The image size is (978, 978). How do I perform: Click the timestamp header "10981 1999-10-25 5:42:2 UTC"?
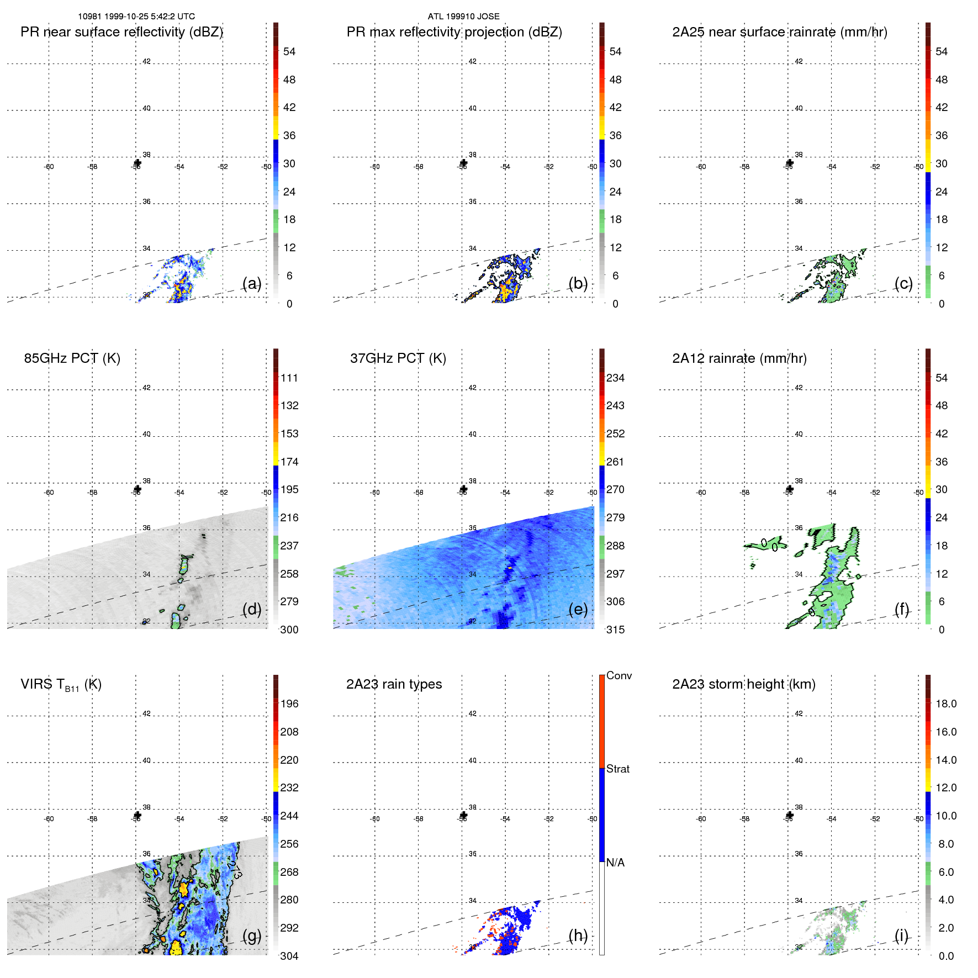pyautogui.click(x=136, y=17)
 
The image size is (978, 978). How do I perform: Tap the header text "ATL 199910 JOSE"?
pyautogui.click(x=463, y=17)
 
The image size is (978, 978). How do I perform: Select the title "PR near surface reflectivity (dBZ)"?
pyautogui.click(x=121, y=32)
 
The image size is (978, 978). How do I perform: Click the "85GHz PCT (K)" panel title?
pyautogui.click(x=72, y=358)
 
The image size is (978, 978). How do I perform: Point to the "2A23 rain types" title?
pyautogui.click(x=394, y=684)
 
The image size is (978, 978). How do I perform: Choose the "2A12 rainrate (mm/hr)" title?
pyautogui.click(x=739, y=358)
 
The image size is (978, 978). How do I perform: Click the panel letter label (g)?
pyautogui.click(x=252, y=935)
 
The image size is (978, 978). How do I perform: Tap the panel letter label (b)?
pyautogui.click(x=578, y=283)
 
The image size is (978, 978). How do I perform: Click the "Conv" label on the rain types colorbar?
pyautogui.click(x=618, y=675)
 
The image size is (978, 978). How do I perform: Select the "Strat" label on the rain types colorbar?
pyautogui.click(x=617, y=769)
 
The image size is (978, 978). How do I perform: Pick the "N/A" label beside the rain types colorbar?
pyautogui.click(x=615, y=863)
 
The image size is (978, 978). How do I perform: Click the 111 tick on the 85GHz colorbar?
pyautogui.click(x=289, y=378)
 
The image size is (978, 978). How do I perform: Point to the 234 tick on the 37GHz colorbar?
pyautogui.click(x=615, y=378)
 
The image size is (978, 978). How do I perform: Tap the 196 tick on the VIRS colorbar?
pyautogui.click(x=289, y=704)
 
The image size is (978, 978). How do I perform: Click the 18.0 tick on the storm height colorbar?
pyautogui.click(x=945, y=704)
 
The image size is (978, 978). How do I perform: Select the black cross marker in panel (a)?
pyautogui.click(x=138, y=163)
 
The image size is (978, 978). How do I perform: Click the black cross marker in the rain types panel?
pyautogui.click(x=463, y=815)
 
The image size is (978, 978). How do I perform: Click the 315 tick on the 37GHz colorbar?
pyautogui.click(x=615, y=630)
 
